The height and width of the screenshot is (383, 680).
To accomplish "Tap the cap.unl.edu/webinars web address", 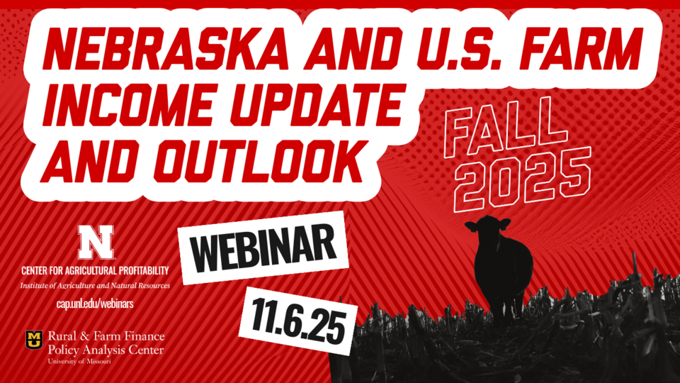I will (x=94, y=304).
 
